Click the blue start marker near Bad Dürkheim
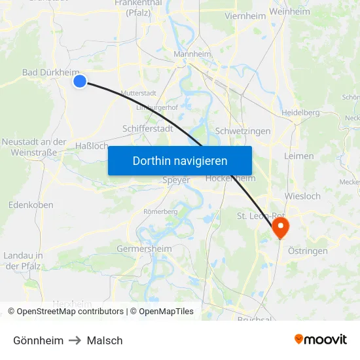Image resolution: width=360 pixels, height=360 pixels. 79,81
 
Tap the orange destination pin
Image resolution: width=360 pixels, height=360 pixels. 280,228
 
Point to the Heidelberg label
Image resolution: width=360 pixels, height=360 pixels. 300,113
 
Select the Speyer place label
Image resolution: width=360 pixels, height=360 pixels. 175,180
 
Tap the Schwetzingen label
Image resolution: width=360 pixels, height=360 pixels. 243,131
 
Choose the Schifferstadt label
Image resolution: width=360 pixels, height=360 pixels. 147,129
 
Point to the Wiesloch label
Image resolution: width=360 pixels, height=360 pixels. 303,196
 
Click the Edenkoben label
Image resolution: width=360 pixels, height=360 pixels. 31,205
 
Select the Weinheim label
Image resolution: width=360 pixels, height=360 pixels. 289,12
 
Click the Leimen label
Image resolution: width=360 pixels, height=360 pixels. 299,156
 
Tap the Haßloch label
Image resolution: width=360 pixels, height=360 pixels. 91,146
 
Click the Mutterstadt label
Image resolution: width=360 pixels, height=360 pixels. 139,94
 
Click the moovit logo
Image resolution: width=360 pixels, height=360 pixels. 320,339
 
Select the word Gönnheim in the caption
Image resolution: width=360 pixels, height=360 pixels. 39,340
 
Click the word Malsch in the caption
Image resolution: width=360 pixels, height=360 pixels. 105,340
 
